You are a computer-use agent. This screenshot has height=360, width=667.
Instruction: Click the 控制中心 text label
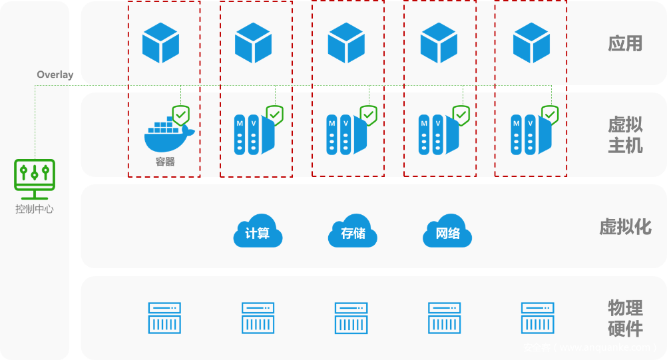click(35, 209)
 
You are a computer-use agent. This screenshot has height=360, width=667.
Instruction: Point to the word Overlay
click(55, 75)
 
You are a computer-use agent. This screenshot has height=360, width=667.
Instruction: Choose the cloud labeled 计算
click(258, 232)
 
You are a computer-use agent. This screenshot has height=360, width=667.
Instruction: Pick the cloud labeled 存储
click(352, 232)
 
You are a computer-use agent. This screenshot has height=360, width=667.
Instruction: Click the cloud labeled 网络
click(447, 232)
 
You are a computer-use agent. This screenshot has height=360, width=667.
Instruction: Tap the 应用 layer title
click(625, 43)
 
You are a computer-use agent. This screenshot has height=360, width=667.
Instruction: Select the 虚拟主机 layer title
click(625, 135)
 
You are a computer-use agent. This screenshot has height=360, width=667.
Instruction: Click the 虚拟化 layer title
click(625, 227)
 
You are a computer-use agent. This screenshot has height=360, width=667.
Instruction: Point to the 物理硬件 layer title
click(625, 318)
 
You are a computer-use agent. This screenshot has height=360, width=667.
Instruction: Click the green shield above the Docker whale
click(181, 116)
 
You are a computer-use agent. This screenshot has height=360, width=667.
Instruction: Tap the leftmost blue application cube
click(160, 43)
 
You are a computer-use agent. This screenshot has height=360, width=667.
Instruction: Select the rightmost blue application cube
click(531, 43)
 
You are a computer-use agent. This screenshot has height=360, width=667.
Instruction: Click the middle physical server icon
click(351, 317)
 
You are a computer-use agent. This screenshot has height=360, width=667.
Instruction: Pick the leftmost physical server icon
click(164, 317)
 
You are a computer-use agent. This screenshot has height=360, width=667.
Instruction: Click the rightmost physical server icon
click(537, 317)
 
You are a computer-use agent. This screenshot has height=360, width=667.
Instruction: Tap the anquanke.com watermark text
click(590, 347)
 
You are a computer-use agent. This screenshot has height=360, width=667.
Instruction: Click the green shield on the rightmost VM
click(550, 115)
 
